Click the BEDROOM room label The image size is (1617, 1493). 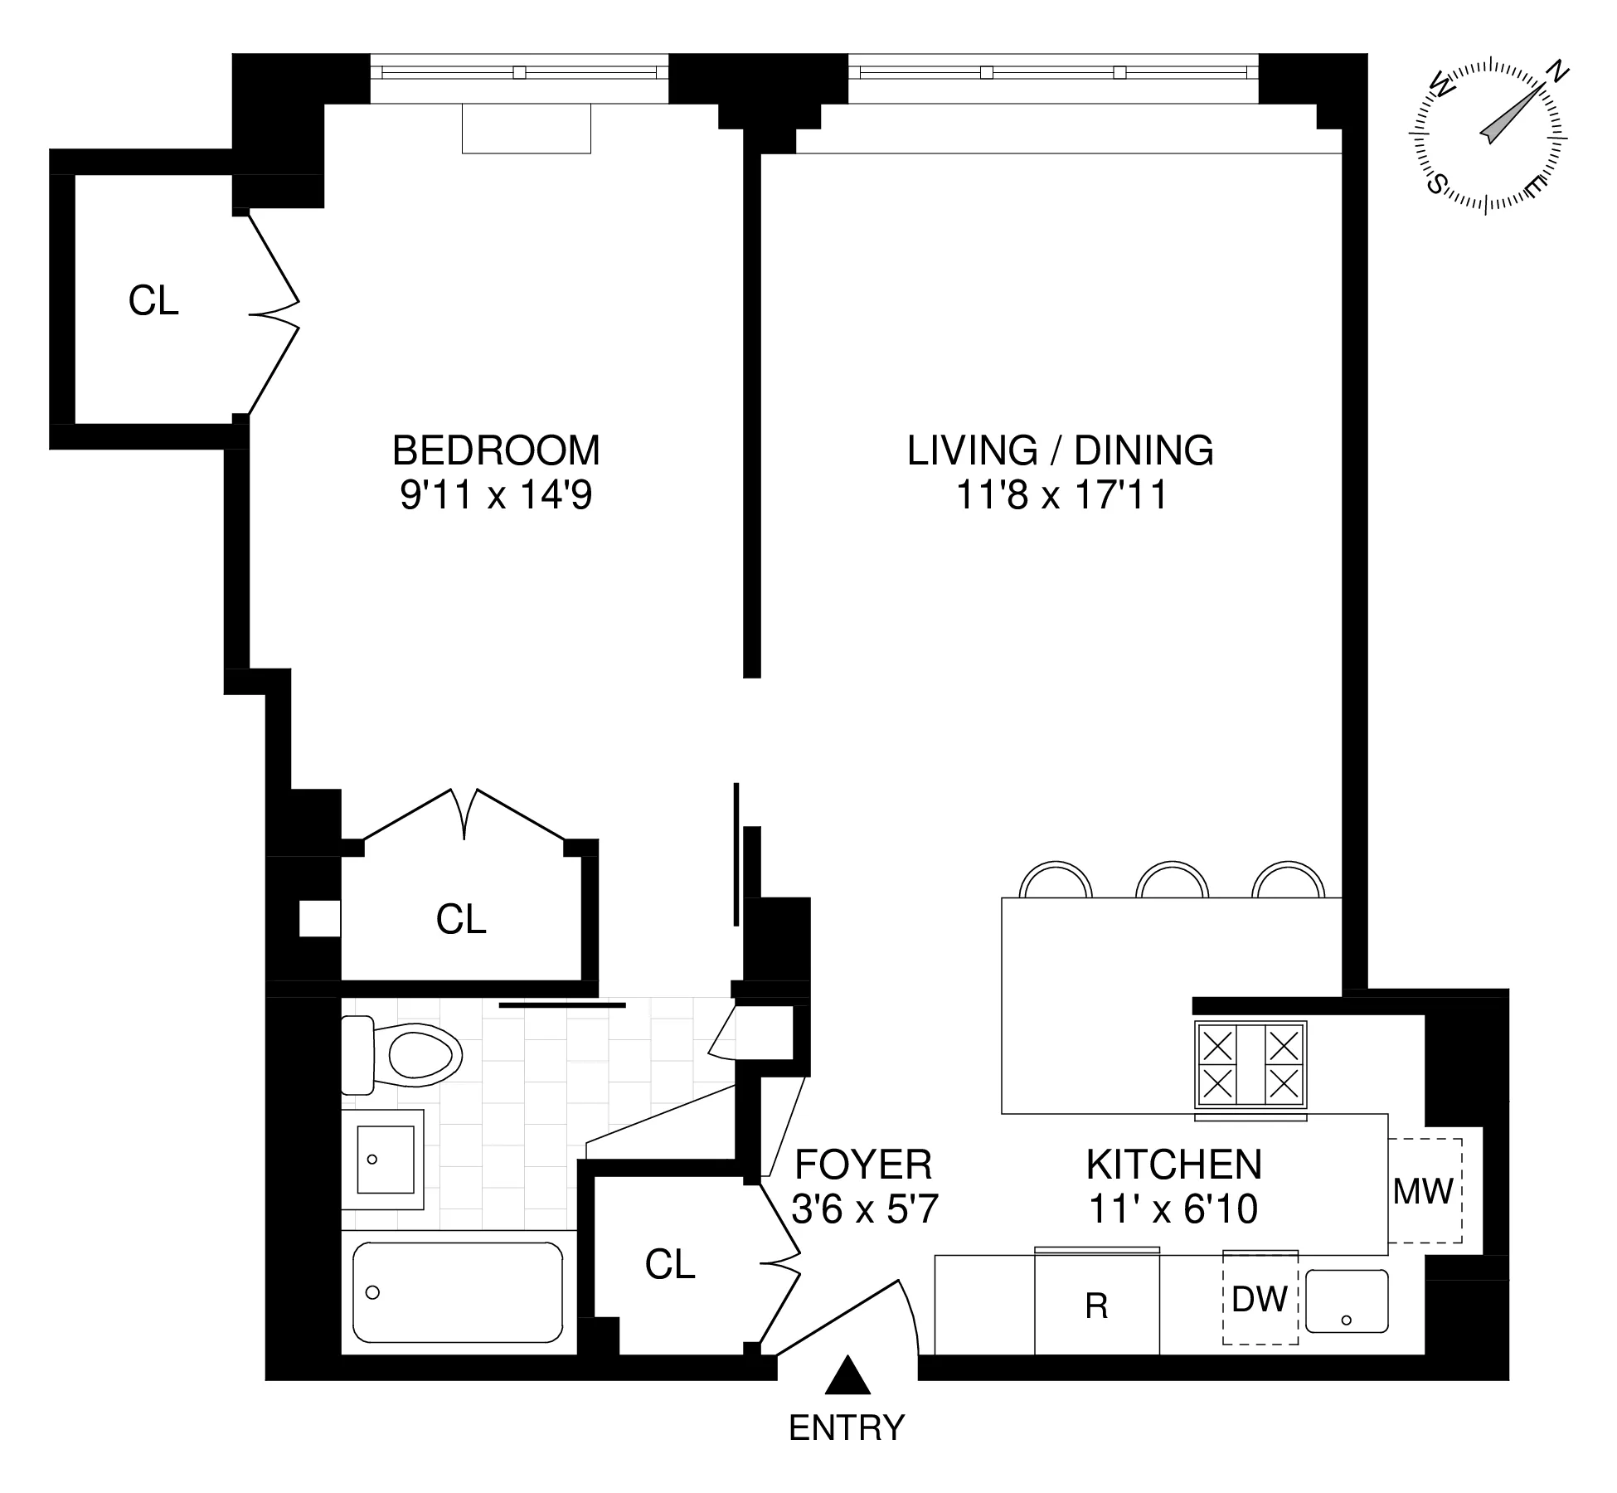pos(496,451)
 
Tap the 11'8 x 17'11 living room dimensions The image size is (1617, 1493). pos(1061,496)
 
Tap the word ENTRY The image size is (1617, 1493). pos(847,1428)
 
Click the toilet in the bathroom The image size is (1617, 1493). pos(406,1056)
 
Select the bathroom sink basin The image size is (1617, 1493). pos(385,1159)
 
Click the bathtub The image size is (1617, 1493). pos(458,1291)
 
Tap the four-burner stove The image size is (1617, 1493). pos(1250,1065)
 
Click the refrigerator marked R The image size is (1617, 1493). pos(1096,1306)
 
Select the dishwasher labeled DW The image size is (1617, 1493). pos(1260,1299)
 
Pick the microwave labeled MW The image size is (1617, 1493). pos(1423,1192)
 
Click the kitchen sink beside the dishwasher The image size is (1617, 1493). pos(1347,1301)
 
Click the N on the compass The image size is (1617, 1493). pos(1559,72)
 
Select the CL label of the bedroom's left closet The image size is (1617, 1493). pos(153,300)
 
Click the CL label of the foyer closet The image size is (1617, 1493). pos(670,1264)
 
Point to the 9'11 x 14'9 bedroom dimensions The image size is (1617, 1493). pos(496,496)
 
